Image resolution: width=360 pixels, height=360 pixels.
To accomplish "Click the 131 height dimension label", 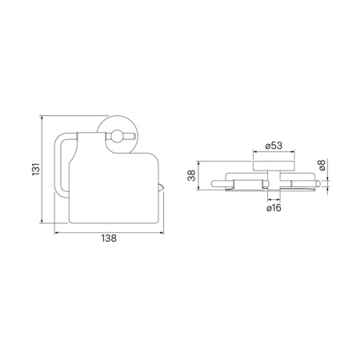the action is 36,169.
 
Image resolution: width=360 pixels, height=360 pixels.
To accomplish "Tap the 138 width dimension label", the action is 109,238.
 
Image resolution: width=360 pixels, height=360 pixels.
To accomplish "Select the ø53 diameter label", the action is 274,146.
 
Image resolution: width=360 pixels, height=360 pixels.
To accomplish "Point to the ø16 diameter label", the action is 274,208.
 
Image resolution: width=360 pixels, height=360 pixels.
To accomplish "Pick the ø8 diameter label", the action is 322,165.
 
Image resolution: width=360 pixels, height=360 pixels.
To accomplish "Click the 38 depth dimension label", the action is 191,175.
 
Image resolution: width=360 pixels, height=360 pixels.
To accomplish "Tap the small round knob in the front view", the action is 117,136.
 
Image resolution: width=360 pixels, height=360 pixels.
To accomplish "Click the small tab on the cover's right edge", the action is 161,187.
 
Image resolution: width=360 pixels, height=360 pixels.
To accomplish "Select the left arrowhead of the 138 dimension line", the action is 56,233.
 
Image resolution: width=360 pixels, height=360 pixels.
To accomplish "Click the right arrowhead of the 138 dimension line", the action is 162,233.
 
